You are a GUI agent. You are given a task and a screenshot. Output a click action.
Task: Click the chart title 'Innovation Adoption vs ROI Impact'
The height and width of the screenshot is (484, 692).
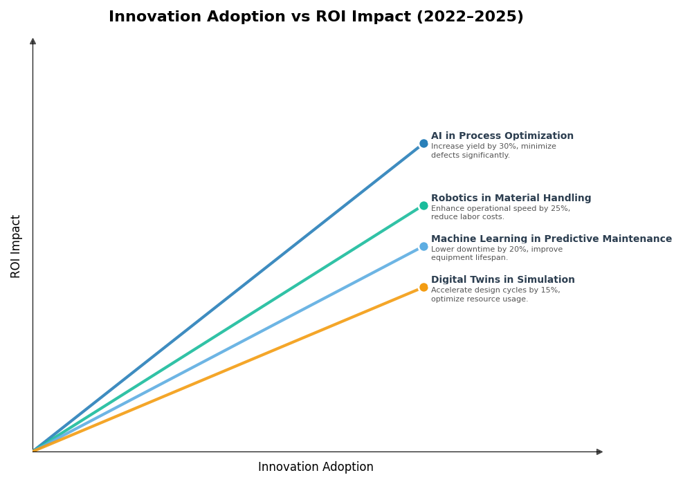(x=261, y=17)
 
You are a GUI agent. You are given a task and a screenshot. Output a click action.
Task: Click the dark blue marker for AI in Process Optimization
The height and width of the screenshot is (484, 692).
(x=424, y=144)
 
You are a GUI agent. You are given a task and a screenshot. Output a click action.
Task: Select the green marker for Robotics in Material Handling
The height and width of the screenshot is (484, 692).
(x=424, y=205)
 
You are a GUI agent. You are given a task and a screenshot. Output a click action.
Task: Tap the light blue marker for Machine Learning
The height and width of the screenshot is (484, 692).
(x=424, y=246)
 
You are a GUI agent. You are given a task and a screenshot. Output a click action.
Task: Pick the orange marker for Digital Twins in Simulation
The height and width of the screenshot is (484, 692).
(x=424, y=287)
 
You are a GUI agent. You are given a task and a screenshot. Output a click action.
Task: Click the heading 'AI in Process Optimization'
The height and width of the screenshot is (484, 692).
(x=502, y=136)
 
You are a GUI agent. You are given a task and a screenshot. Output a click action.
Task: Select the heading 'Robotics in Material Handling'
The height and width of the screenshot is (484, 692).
(x=511, y=198)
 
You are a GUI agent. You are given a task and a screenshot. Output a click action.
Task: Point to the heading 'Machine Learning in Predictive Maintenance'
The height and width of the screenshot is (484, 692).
(x=551, y=239)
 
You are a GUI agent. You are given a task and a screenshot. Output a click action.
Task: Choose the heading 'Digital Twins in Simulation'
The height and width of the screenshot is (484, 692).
(x=502, y=280)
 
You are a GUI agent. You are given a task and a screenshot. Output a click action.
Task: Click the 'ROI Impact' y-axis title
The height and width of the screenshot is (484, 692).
(x=16, y=246)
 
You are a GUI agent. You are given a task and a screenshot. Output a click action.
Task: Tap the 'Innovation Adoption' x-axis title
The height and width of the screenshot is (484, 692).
(x=316, y=467)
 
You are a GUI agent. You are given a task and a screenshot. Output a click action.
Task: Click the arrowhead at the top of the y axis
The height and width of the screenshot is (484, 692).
(x=33, y=41)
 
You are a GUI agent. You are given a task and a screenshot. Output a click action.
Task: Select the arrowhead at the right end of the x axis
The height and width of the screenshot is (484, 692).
(x=599, y=452)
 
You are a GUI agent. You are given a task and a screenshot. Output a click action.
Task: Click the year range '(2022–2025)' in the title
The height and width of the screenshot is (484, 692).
(x=469, y=17)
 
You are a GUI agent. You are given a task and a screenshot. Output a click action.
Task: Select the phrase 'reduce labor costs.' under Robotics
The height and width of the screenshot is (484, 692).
(x=468, y=217)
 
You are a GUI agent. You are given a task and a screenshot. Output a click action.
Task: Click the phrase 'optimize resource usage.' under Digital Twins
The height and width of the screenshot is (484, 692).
(x=479, y=299)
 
